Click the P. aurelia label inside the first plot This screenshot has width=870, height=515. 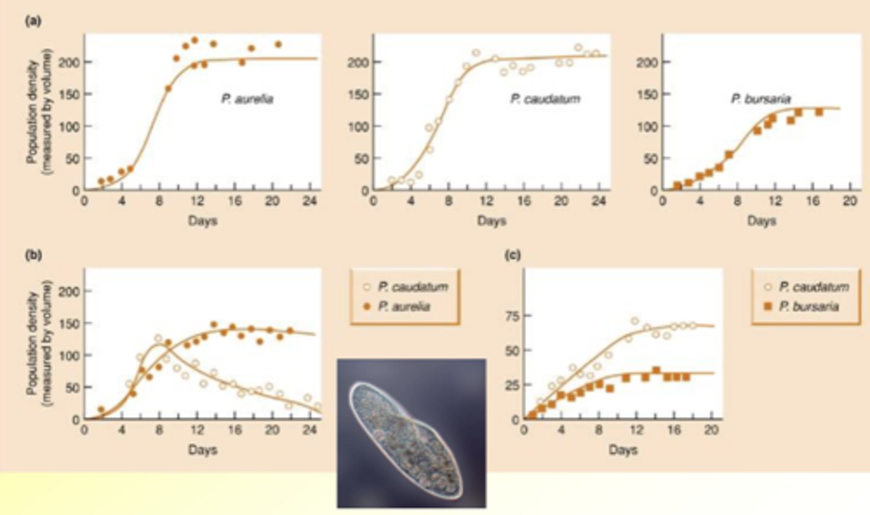click(246, 99)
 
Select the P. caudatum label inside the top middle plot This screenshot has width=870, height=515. click(545, 99)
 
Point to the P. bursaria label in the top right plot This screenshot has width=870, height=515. click(761, 99)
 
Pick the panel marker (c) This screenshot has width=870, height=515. click(512, 254)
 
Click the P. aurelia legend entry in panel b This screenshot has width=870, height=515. click(404, 306)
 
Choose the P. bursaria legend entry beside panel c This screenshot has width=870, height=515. click(808, 306)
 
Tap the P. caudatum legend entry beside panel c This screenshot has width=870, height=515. click(813, 287)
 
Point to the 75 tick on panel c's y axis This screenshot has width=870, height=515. click(510, 316)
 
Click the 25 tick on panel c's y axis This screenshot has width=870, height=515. click(510, 384)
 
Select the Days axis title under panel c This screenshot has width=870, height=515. click(623, 450)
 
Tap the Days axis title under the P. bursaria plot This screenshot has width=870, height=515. click(761, 221)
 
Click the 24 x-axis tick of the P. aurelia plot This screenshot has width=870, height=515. click(310, 201)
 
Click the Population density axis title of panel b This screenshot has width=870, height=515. click(38, 345)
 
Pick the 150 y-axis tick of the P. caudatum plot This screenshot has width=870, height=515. click(358, 94)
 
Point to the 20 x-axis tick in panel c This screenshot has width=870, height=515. click(711, 430)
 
